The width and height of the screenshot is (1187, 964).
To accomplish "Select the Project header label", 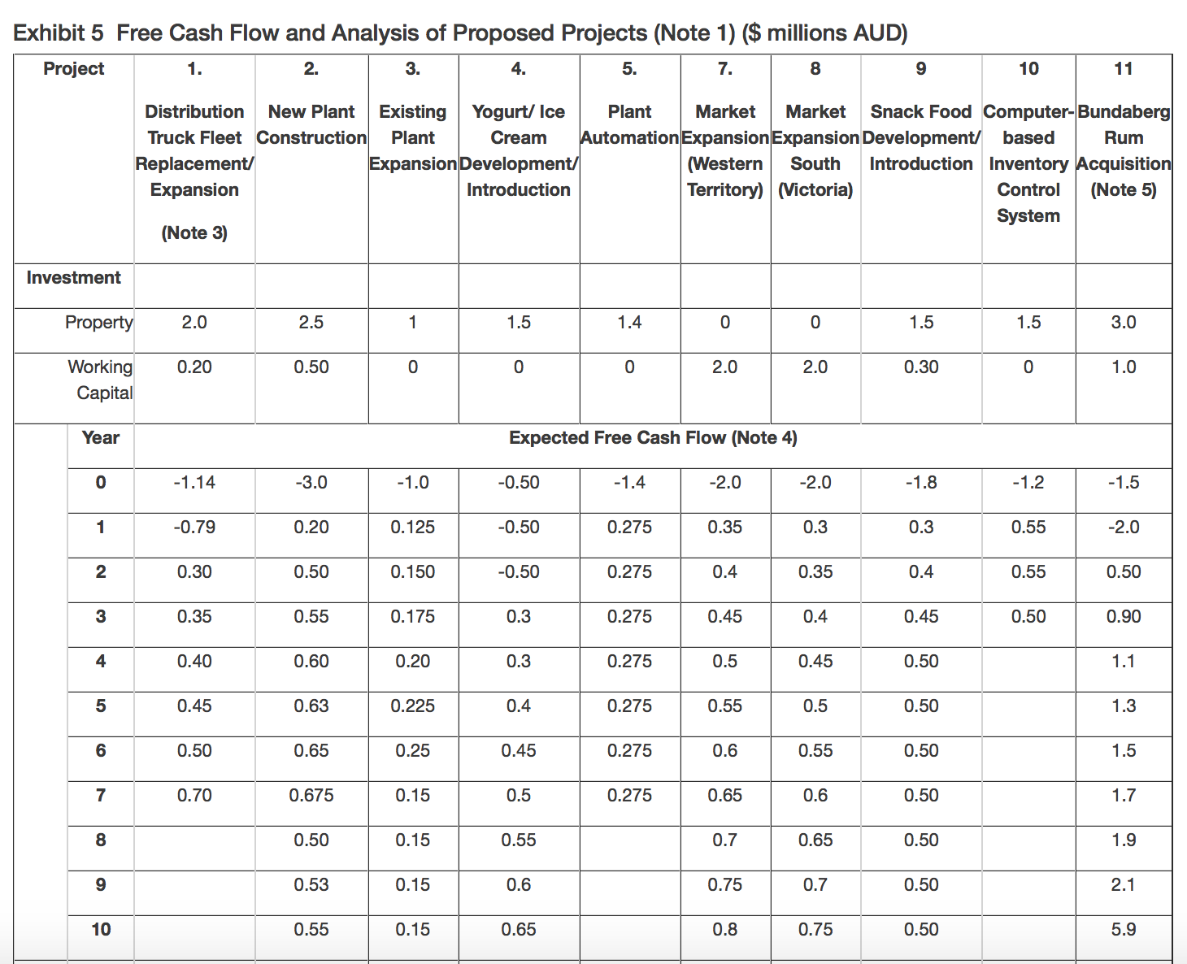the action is click(x=73, y=68).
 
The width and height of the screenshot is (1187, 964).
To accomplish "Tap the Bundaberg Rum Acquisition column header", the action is click(x=1124, y=150).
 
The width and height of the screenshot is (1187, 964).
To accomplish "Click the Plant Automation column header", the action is click(x=630, y=124).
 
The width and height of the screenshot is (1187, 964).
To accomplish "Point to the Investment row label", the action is click(x=73, y=277).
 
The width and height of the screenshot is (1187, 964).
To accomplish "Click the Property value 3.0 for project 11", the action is click(x=1124, y=322).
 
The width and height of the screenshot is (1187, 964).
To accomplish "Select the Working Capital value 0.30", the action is click(x=921, y=367).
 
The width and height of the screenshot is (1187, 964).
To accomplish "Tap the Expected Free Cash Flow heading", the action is click(x=653, y=437).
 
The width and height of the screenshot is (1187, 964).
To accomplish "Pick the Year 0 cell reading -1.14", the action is click(x=194, y=482).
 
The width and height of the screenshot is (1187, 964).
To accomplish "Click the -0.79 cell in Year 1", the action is click(x=194, y=527).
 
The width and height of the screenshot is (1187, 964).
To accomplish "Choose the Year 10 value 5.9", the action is click(x=1124, y=929).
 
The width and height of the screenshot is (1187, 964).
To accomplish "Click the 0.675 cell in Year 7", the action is click(x=311, y=795).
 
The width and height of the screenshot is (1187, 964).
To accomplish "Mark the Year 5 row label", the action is click(x=100, y=706).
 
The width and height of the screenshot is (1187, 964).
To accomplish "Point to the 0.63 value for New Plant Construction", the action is click(x=311, y=706).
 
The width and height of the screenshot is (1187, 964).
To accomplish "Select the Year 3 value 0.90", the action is click(x=1124, y=616).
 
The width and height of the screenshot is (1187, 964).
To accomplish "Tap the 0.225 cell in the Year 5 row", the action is click(x=412, y=706).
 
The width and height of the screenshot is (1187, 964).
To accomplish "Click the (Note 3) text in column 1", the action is click(x=194, y=232).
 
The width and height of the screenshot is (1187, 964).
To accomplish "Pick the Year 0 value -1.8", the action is click(x=921, y=482).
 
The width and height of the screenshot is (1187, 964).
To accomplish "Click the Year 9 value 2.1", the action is click(x=1124, y=884).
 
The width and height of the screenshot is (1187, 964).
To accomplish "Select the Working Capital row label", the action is click(x=100, y=380).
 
